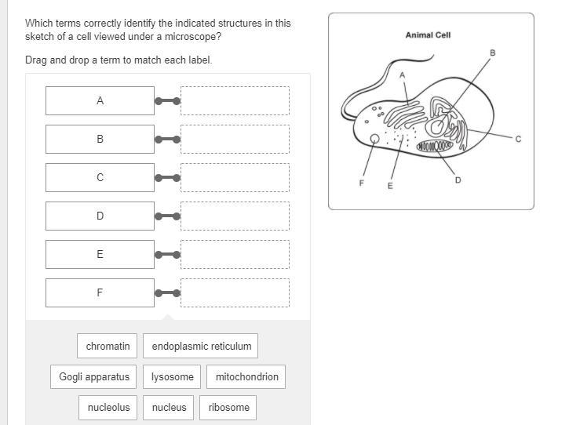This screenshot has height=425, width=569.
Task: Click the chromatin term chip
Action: pos(108,346)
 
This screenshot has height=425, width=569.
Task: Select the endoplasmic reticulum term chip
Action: pos(202,346)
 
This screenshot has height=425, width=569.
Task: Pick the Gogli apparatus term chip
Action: pos(94,376)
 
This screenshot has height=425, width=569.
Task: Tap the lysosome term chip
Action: pos(173,376)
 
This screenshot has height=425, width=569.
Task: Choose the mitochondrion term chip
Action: pos(246,376)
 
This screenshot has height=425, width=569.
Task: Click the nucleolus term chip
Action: pos(108,407)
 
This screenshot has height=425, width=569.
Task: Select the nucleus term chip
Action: pos(170,407)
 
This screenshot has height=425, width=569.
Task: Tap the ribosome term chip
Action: pos(229,407)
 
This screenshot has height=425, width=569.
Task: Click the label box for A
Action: pos(100,101)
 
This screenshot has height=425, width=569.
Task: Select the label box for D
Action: pos(100,216)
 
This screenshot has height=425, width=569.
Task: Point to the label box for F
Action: pos(100,292)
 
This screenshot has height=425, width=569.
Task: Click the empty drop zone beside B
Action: pos(235,139)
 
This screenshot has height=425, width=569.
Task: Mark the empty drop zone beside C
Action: pos(235,177)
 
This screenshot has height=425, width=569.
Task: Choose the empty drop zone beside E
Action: pos(235,254)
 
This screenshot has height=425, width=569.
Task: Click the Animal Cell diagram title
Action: pos(428,35)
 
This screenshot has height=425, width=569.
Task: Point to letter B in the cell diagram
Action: pos(493,53)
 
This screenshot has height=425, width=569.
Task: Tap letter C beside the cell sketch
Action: pos(518,140)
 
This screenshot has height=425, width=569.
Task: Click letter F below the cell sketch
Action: pos(362,183)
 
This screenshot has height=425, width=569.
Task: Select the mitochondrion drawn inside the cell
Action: pos(435,146)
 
